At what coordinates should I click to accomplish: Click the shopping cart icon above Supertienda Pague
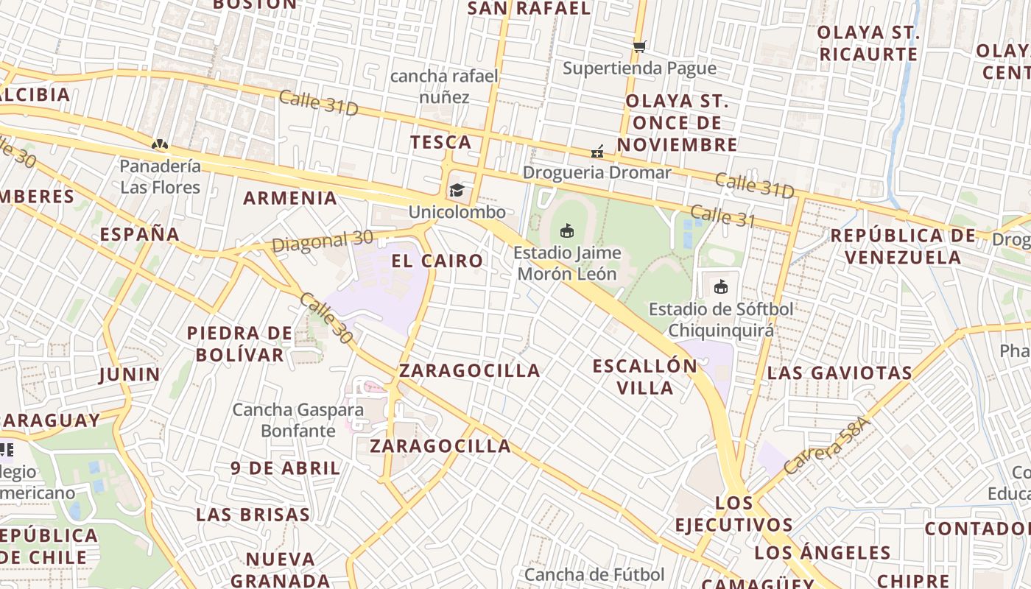point(639,46)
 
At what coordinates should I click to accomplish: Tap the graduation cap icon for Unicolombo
point(457,191)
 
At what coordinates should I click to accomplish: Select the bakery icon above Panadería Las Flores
point(159,144)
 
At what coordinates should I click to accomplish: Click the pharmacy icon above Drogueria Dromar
point(597,152)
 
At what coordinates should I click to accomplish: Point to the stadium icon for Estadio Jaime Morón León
point(566,231)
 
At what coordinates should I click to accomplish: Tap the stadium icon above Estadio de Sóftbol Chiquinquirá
point(720,287)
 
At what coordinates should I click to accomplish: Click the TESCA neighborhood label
point(440,142)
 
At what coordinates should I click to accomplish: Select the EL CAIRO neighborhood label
point(437,261)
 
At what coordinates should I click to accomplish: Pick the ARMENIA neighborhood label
point(290,198)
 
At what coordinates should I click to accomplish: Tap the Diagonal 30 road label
point(323,241)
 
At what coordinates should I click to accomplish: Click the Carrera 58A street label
point(826,445)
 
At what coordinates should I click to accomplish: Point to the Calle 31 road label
point(722,216)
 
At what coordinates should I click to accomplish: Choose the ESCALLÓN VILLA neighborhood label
point(645,376)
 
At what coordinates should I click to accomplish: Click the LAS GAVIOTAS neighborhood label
point(840,373)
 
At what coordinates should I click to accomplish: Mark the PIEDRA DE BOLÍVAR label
point(239,344)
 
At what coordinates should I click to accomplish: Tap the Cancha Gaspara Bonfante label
point(298,420)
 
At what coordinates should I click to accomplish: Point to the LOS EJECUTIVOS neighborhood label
point(734,514)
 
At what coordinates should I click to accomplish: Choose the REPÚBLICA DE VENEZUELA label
point(903,246)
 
